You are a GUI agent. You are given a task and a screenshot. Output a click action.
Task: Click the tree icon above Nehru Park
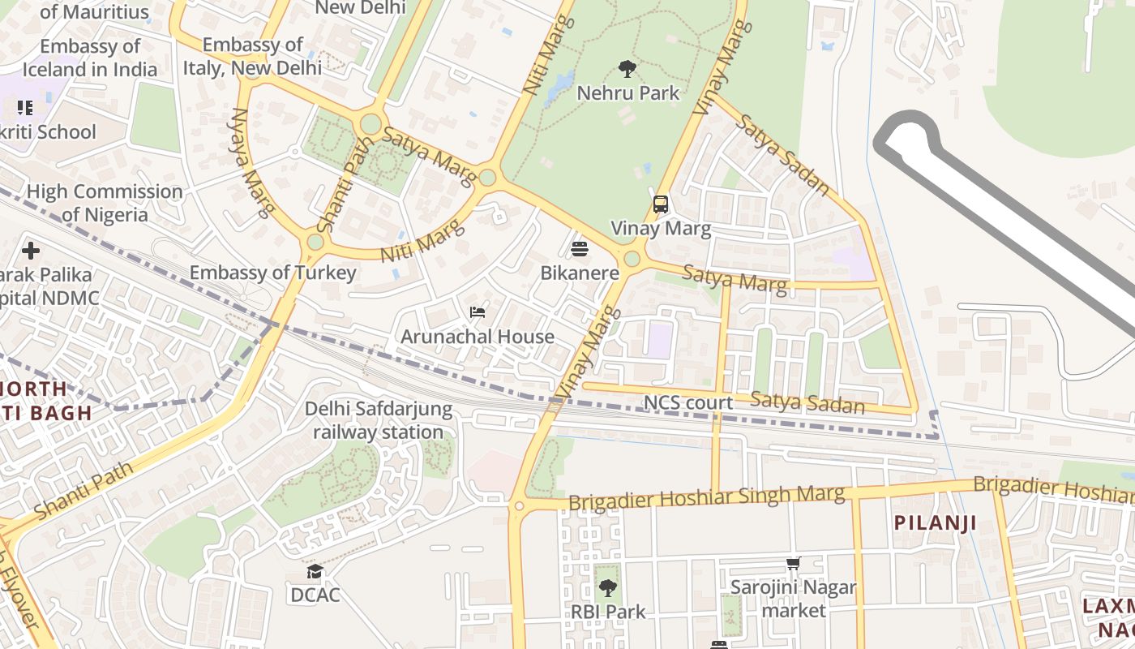(627, 69)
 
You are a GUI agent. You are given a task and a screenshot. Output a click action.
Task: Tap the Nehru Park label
(627, 93)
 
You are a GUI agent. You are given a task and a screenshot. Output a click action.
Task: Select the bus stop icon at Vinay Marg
(661, 204)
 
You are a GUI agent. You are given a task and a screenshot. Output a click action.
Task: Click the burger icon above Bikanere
(580, 248)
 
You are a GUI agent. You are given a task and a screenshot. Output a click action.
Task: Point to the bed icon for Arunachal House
(478, 312)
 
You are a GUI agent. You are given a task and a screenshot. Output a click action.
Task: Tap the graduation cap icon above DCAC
(315, 572)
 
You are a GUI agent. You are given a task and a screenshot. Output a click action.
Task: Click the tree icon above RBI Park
(607, 588)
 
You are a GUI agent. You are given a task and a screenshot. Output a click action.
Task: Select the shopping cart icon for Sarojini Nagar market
(793, 563)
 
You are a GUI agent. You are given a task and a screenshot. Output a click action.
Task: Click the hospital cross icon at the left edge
(31, 251)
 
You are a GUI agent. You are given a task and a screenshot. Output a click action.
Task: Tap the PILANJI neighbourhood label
(935, 522)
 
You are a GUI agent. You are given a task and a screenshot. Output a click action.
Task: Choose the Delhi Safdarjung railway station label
(379, 420)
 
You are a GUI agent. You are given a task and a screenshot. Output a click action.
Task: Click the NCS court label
(687, 403)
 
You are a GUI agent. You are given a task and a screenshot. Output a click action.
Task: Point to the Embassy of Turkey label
(272, 273)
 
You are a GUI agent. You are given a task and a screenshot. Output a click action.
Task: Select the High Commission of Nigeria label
(105, 203)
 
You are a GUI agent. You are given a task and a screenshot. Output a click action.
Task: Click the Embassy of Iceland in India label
(90, 58)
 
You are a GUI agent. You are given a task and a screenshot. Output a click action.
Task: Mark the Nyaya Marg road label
(251, 163)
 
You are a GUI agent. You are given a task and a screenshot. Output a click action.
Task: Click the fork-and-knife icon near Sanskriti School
(24, 107)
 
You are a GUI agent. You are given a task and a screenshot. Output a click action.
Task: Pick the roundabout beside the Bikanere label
(632, 259)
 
